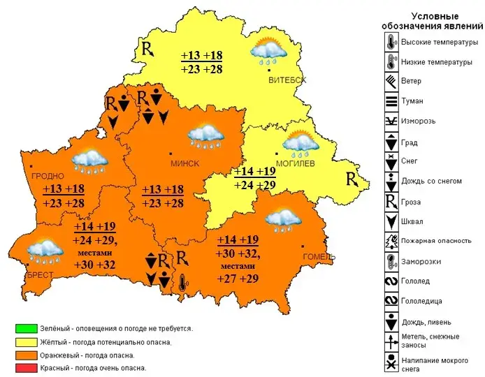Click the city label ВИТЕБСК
pyautogui.click(x=287, y=80)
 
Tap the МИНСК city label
pyautogui.click(x=185, y=163)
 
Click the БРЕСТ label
pyautogui.click(x=40, y=275)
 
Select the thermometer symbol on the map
pyautogui.click(x=183, y=283)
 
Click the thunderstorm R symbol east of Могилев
pyautogui.click(x=353, y=179)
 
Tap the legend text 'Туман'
pyautogui.click(x=412, y=101)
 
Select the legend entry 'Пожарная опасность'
pyautogui.click(x=436, y=241)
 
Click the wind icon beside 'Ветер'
pyautogui.click(x=391, y=81)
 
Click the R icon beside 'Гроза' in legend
pyautogui.click(x=391, y=201)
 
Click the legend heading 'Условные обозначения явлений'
pyautogui.click(x=434, y=21)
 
